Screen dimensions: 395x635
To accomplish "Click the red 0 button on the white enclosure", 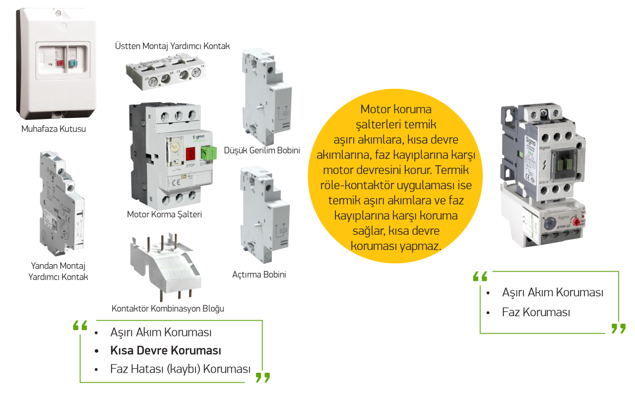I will coord(60,63).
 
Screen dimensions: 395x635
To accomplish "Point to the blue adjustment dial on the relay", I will coord(549,223).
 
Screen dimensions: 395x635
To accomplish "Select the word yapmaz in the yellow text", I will coord(422,246).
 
